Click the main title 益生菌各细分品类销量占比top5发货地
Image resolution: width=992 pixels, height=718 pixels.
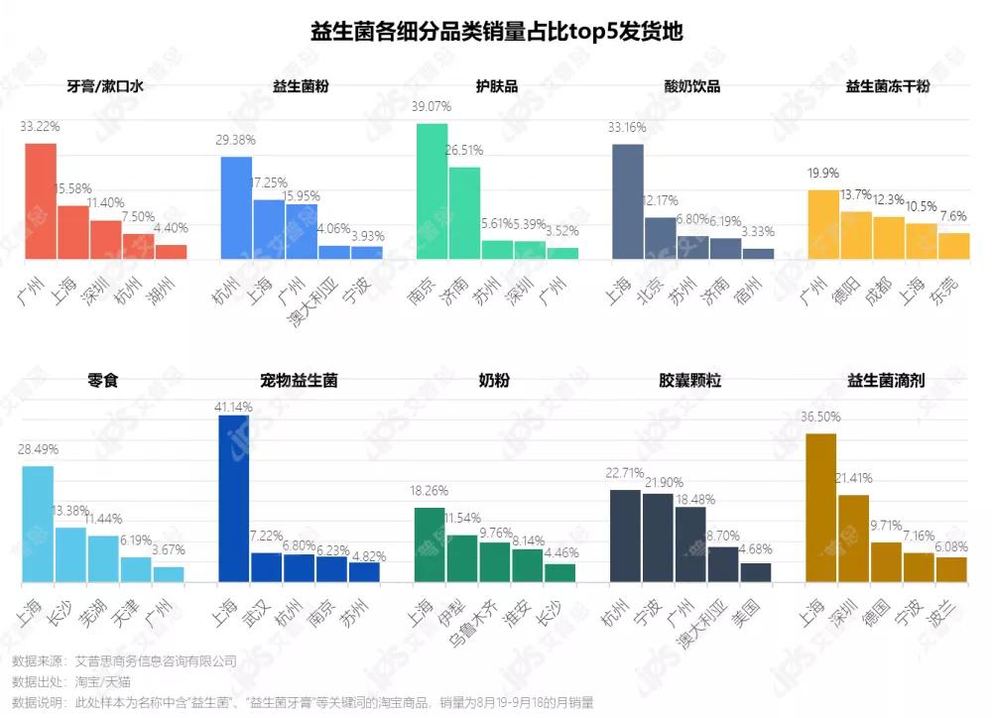click(496, 31)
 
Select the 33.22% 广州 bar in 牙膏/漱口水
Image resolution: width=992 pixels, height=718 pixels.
click(41, 201)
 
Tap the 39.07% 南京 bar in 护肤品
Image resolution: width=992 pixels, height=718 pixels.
click(432, 191)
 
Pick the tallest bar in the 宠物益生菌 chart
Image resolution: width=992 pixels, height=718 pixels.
click(233, 498)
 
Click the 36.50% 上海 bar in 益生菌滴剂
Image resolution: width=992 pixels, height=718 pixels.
click(820, 508)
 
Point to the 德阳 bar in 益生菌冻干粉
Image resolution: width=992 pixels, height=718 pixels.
click(855, 235)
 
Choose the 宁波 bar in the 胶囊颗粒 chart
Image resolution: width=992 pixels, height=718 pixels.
click(657, 538)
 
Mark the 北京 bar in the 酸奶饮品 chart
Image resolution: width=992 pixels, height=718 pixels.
click(660, 238)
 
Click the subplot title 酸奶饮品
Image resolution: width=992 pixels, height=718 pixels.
click(691, 86)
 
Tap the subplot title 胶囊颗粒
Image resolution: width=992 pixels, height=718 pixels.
click(689, 380)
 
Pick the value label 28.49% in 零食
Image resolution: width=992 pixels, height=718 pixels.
click(39, 448)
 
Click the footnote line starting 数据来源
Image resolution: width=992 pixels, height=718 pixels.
click(124, 660)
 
